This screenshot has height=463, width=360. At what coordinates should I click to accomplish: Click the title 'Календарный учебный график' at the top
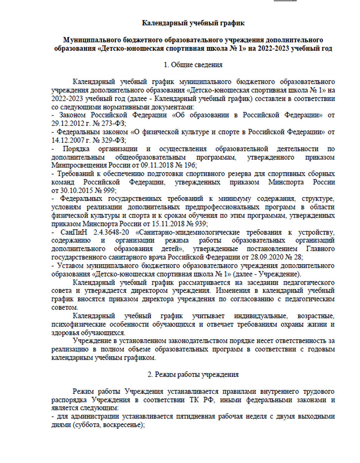pyautogui.click(x=193, y=23)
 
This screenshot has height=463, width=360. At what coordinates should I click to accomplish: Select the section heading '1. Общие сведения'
pyautogui.click(x=193, y=65)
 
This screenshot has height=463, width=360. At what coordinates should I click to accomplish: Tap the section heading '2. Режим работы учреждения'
pyautogui.click(x=193, y=374)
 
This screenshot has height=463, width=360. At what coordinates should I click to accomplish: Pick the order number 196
pyautogui.click(x=190, y=165)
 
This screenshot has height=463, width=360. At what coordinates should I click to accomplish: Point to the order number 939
pyautogui.click(x=200, y=224)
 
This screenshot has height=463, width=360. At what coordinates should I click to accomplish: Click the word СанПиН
pyautogui.click(x=73, y=232)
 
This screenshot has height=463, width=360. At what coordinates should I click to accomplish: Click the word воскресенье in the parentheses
pyautogui.click(x=123, y=425)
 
